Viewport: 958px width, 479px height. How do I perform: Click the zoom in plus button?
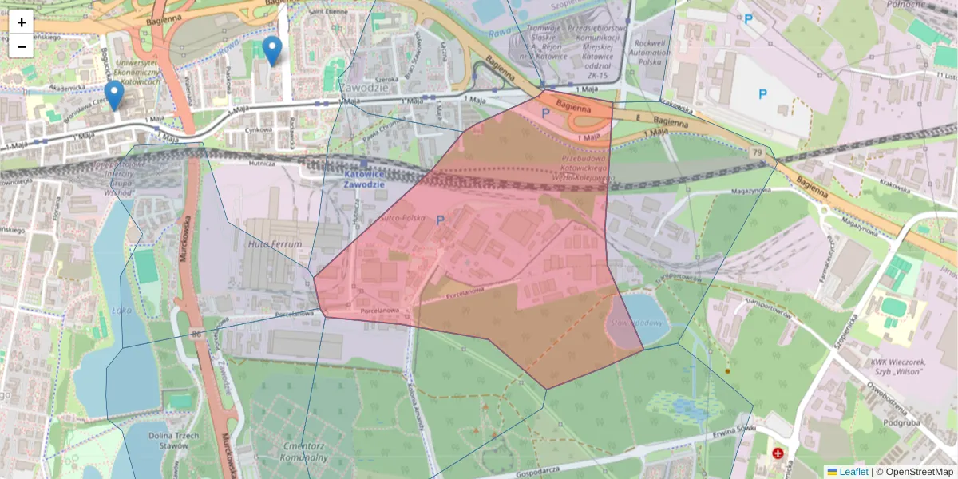pos(22,22)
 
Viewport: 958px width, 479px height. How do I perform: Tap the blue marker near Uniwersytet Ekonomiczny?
pos(114,95)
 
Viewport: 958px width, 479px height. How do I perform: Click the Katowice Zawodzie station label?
pos(364,178)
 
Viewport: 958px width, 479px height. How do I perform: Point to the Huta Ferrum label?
pos(275,244)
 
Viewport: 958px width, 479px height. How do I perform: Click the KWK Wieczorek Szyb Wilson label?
pos(893,366)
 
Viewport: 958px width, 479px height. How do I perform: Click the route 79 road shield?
pos(755,152)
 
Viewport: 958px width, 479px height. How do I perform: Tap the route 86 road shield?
pos(196,333)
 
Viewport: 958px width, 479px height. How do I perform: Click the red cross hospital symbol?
pos(778,453)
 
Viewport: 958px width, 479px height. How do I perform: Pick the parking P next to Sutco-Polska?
pos(440,219)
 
